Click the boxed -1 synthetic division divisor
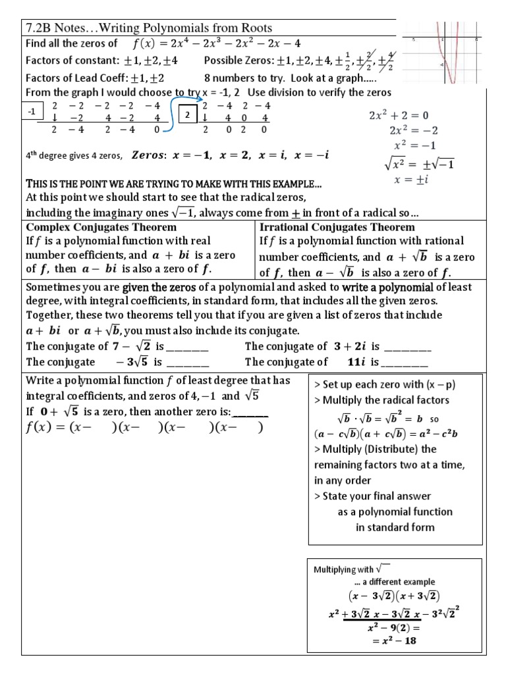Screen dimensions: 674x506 pos(31,113)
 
